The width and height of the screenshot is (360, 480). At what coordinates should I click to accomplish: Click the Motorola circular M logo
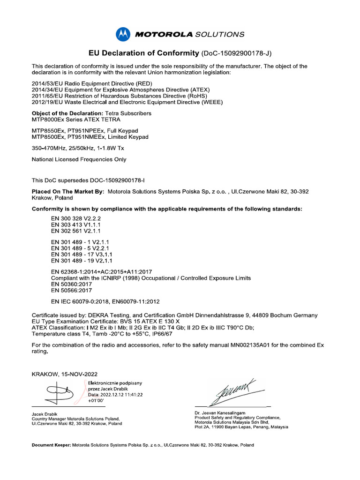click(122, 34)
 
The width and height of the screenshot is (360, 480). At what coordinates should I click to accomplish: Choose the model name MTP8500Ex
click(49, 137)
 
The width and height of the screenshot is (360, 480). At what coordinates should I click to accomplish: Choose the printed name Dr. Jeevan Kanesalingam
click(220, 413)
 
